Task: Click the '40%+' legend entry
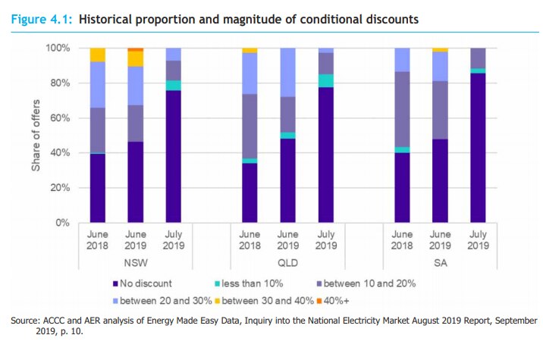[343, 299]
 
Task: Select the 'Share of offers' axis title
[35, 135]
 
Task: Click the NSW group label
[136, 262]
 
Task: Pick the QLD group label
[287, 262]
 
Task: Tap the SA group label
[439, 262]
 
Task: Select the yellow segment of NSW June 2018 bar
[97, 55]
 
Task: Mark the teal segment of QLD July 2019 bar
[325, 80]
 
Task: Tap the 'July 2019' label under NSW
[174, 239]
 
